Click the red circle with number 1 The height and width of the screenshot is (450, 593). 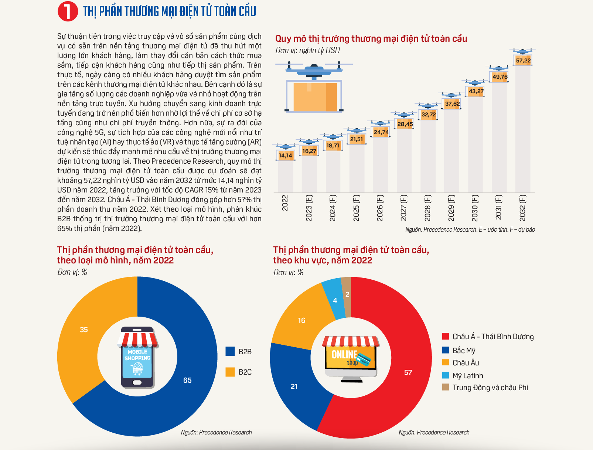(x=68, y=11)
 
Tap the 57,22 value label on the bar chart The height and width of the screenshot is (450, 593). (x=523, y=61)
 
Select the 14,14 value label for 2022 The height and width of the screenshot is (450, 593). (x=285, y=156)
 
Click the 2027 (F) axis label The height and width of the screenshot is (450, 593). (x=403, y=208)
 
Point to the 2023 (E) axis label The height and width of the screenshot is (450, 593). (x=309, y=208)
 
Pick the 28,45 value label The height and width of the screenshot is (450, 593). (x=405, y=124)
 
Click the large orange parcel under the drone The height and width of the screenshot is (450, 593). (x=315, y=97)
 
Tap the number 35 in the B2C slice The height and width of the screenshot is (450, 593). (x=84, y=330)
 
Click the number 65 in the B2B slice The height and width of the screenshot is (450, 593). (x=187, y=380)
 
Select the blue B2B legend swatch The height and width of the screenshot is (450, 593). (x=230, y=351)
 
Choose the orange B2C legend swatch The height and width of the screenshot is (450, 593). (x=230, y=372)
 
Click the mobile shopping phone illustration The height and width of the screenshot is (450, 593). (x=137, y=357)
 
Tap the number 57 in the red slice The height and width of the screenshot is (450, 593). (x=408, y=373)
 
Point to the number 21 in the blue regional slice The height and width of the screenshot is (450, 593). (x=294, y=387)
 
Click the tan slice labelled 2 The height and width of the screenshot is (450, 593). (x=347, y=297)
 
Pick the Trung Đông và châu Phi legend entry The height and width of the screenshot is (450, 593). (x=485, y=387)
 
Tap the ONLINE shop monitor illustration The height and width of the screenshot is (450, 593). (x=351, y=359)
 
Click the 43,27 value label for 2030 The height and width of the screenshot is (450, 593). (x=476, y=91)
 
